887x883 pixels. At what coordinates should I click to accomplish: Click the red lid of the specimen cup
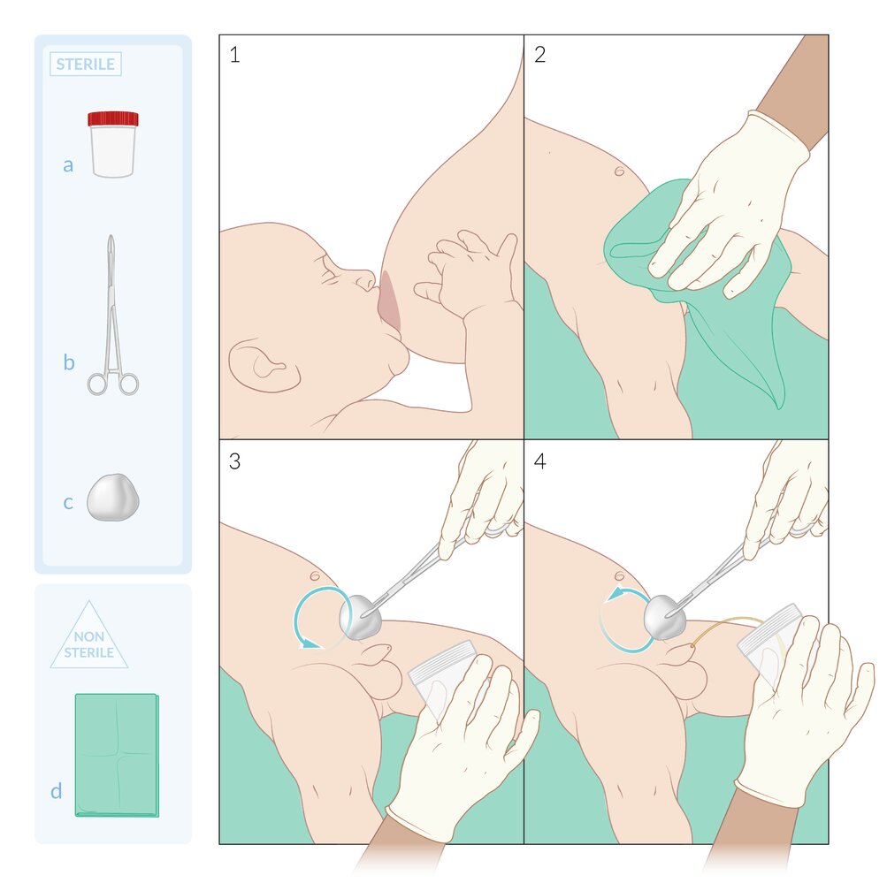pyautogui.click(x=113, y=118)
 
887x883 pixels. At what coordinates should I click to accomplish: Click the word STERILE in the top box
pyautogui.click(x=86, y=65)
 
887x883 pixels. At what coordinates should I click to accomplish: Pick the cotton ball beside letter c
pyautogui.click(x=113, y=498)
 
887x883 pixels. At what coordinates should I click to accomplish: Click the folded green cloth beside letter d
pyautogui.click(x=117, y=755)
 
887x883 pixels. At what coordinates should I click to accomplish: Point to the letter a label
pyautogui.click(x=68, y=165)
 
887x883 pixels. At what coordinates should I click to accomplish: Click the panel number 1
pyautogui.click(x=234, y=55)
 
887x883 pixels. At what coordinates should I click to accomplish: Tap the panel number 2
pyautogui.click(x=539, y=55)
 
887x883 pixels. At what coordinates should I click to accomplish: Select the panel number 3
pyautogui.click(x=234, y=461)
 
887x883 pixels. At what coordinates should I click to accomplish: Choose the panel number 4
pyautogui.click(x=539, y=461)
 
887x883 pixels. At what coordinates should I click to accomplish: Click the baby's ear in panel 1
pyautogui.click(x=264, y=366)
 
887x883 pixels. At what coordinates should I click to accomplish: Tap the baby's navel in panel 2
pyautogui.click(x=619, y=171)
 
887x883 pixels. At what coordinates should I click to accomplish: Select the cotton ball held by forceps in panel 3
pyautogui.click(x=360, y=617)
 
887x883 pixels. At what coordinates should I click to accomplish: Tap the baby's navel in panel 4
pyautogui.click(x=619, y=576)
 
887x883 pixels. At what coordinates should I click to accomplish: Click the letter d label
pyautogui.click(x=56, y=790)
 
